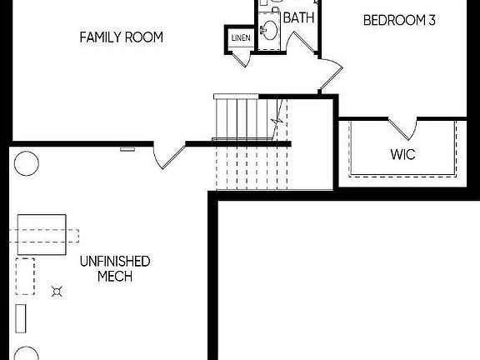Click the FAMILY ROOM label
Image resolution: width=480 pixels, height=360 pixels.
(121, 37)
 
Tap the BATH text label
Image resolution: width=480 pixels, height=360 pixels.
(298, 17)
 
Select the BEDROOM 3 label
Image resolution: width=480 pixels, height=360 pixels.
(399, 20)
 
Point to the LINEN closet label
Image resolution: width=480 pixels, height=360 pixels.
(241, 38)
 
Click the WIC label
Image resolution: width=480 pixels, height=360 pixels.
(402, 154)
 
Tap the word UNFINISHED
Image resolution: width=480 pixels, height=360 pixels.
(115, 262)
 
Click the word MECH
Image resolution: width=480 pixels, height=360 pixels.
(115, 276)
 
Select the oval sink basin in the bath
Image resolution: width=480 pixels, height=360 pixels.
(270, 30)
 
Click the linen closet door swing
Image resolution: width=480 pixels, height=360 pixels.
(241, 60)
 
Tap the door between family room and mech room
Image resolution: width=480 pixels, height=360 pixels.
(169, 156)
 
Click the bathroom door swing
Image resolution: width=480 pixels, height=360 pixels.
(302, 42)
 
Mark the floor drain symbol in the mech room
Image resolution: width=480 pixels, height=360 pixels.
(57, 292)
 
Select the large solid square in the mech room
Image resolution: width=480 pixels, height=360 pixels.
(42, 234)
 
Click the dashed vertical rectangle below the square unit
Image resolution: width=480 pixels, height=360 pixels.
(25, 277)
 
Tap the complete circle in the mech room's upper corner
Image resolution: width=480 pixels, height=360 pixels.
(27, 163)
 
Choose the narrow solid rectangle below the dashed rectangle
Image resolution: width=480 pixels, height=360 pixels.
(21, 318)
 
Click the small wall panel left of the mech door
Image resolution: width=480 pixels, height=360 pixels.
(127, 149)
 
